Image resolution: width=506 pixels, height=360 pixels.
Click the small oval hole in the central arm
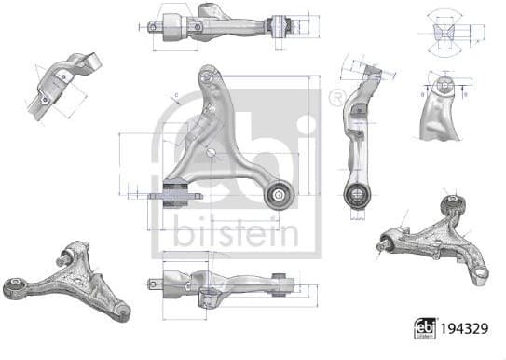pyautogui.click(x=213, y=151)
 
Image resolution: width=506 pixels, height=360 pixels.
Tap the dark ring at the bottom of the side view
pyautogui.click(x=354, y=195)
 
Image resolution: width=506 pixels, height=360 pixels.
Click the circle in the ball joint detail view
pyautogui.click(x=446, y=86)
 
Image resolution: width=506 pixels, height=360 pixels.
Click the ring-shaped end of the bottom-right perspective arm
pyautogui.click(x=481, y=270)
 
